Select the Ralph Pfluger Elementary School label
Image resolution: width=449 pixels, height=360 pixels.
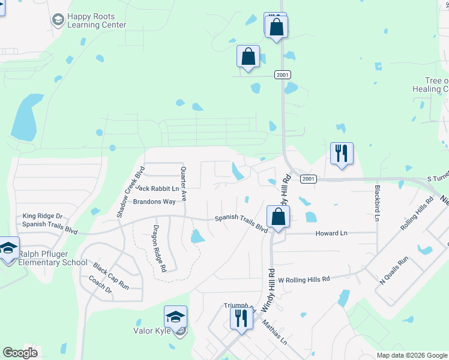pyautogui.click(x=53, y=259)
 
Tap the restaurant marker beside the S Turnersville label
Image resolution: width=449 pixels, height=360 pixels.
pyautogui.click(x=342, y=154)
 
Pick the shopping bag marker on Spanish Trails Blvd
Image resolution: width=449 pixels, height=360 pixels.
pyautogui.click(x=279, y=217)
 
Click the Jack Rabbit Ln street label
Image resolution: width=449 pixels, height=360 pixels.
pyautogui.click(x=157, y=188)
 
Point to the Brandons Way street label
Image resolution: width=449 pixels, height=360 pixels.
pyautogui.click(x=154, y=202)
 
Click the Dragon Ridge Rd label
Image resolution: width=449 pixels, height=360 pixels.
pyautogui.click(x=160, y=248)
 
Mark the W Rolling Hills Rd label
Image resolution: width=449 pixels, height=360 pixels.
pyautogui.click(x=304, y=279)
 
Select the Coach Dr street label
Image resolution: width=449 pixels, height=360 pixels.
pyautogui.click(x=100, y=286)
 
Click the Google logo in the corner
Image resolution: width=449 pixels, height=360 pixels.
pyautogui.click(x=20, y=353)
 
